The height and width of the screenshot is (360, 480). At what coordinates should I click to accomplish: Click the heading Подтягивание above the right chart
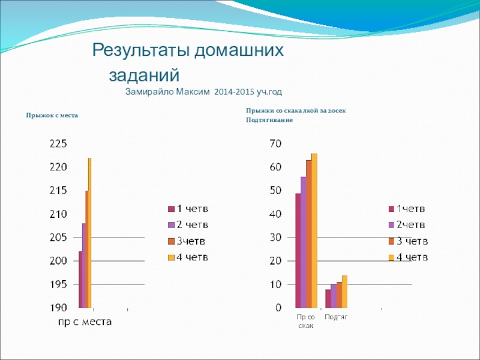coord(269,120)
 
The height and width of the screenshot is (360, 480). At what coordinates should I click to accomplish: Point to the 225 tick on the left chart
coord(59,144)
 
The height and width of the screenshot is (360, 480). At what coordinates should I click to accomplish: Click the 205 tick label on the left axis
coord(59,238)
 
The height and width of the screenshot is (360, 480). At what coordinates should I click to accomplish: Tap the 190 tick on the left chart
coord(59,308)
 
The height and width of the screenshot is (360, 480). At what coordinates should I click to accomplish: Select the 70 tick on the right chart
coord(275,144)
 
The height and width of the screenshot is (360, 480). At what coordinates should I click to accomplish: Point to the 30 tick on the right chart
coord(275,238)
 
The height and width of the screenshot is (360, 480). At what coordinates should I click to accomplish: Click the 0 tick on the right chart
coord(278,308)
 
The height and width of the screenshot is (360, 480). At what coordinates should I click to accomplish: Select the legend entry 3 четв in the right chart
coord(409,241)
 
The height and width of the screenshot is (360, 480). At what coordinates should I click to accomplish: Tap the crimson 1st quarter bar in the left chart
coord(80,280)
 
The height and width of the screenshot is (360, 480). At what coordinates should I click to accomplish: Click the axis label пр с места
coord(85,322)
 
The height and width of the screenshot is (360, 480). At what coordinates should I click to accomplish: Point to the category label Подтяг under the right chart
coord(337,316)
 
